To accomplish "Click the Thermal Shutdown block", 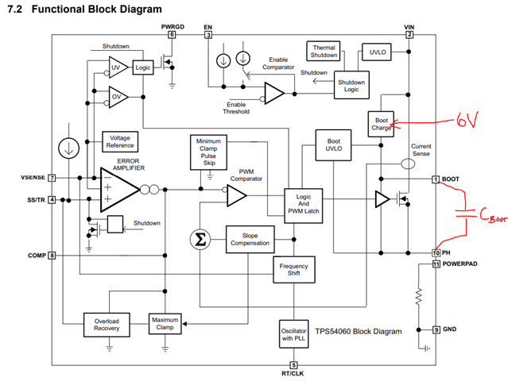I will (x=324, y=52).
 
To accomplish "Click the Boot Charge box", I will (x=381, y=124).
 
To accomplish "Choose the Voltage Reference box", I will (x=121, y=142).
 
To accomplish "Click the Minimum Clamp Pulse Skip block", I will (x=208, y=152).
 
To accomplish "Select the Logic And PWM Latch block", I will (x=306, y=202).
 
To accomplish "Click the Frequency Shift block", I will (x=295, y=268).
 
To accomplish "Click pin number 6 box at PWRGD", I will (x=171, y=34).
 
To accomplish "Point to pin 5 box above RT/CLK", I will (x=293, y=364).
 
